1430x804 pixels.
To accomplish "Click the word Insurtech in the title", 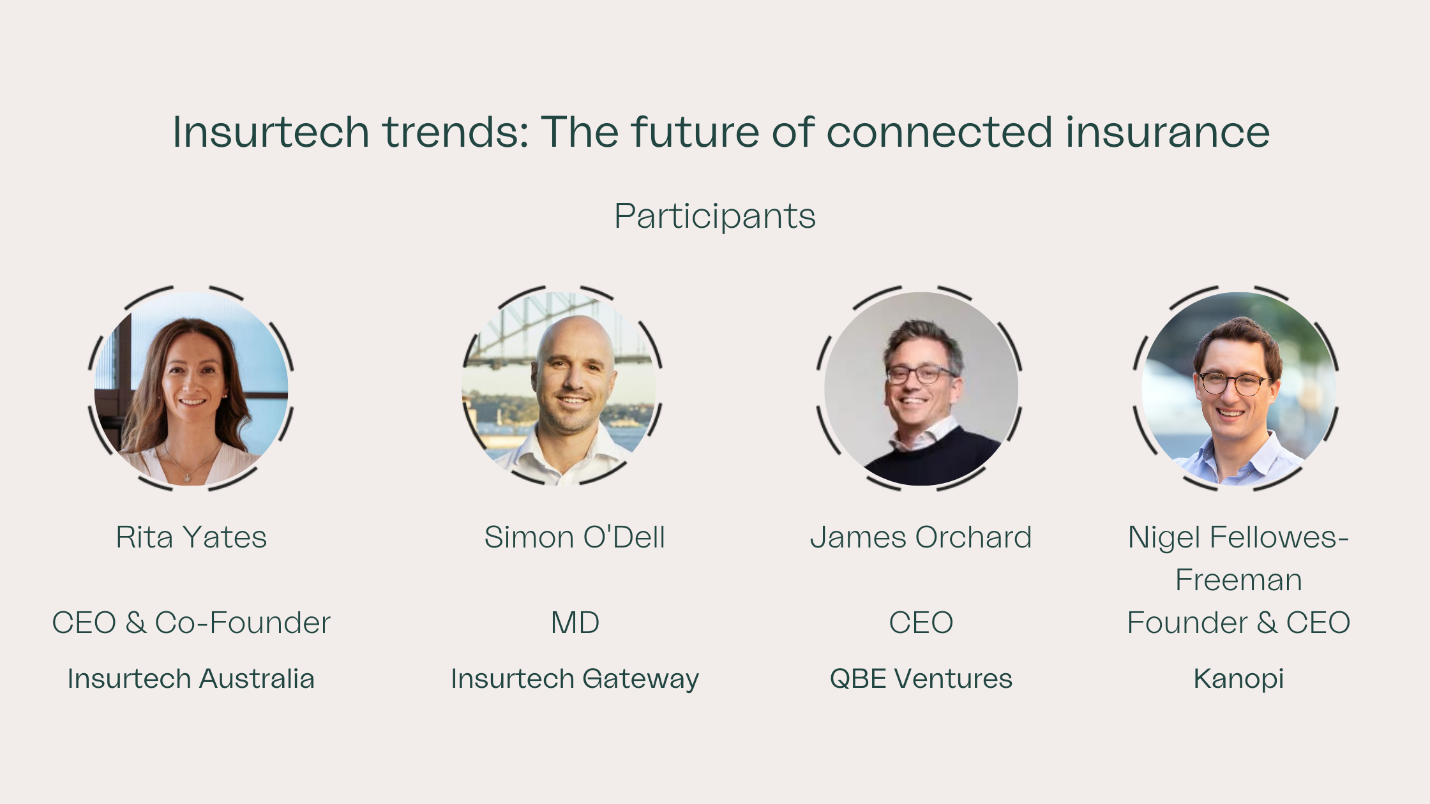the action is pyautogui.click(x=271, y=132).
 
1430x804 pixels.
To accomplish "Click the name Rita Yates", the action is pyautogui.click(x=191, y=537).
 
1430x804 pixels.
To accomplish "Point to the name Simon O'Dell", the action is pyautogui.click(x=575, y=537).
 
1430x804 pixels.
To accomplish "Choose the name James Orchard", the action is pyautogui.click(x=921, y=537).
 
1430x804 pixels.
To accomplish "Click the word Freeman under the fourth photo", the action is pyautogui.click(x=1238, y=580).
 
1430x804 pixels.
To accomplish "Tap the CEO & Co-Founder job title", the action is pyautogui.click(x=191, y=623).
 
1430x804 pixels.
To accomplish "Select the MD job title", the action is pyautogui.click(x=575, y=623).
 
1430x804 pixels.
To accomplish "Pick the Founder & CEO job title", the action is pyautogui.click(x=1238, y=623).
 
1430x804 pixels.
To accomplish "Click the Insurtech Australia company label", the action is pyautogui.click(x=191, y=679).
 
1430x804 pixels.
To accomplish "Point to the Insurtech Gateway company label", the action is pyautogui.click(x=575, y=680).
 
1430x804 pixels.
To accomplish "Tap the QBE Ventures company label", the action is pyautogui.click(x=921, y=679).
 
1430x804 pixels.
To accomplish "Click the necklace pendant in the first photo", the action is pyautogui.click(x=186, y=477).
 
